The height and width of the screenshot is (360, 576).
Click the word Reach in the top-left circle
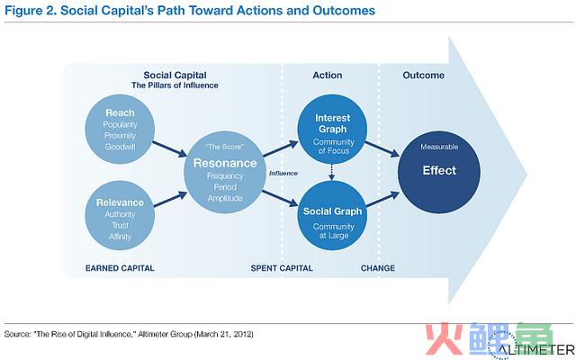coord(120,112)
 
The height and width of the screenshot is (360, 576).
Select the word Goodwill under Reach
coord(120,147)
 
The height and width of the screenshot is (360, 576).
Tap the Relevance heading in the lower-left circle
coord(120,202)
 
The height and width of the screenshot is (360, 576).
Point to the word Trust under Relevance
coord(120,225)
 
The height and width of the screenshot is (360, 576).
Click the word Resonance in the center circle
coord(225,163)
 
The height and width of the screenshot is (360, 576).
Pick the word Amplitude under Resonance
coord(225,198)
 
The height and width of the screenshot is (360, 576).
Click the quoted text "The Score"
coord(224,147)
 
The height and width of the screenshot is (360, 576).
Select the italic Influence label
coord(283,174)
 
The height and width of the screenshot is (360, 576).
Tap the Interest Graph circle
coord(332,129)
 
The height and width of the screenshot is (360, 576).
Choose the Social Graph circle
coord(332,216)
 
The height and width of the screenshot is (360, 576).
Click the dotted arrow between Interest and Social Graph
coord(332,172)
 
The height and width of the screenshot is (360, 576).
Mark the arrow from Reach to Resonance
coord(170,149)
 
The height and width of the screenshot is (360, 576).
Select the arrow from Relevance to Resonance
coord(170,199)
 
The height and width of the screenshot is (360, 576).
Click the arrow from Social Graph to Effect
coord(382,199)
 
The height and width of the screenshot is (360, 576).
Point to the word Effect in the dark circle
coord(439,170)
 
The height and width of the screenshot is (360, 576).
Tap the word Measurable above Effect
coord(439,147)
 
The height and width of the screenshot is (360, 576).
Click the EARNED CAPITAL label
coord(120,268)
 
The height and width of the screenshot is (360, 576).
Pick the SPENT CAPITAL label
coord(282,268)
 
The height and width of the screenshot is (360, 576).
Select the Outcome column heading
coord(424,76)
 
